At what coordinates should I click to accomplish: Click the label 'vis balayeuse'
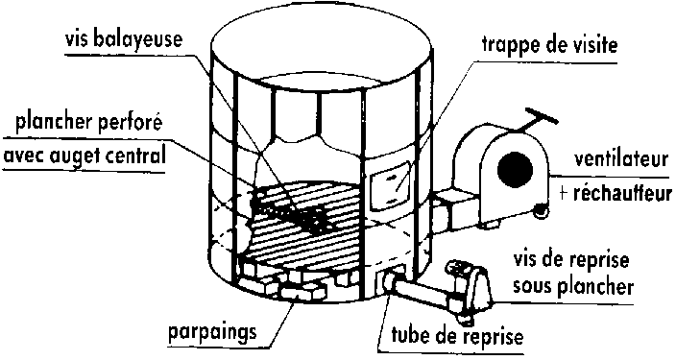point(124,39)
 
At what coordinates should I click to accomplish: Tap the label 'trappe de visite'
point(549,44)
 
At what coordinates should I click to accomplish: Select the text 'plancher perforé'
point(89,123)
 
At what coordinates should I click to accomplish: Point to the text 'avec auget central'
point(84,156)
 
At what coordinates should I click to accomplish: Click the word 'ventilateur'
point(621,159)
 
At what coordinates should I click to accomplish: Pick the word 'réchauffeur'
point(622,193)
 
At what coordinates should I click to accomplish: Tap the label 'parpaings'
point(212,332)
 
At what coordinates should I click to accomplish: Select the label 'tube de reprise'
point(457,335)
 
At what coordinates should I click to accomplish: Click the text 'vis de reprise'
point(571,261)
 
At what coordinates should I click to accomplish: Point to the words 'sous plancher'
point(573,285)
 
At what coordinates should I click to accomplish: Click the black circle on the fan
point(515,169)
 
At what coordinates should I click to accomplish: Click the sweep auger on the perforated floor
point(290,210)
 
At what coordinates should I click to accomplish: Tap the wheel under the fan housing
point(541,211)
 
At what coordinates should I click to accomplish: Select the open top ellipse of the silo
point(321,49)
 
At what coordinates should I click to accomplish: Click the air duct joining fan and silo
point(455,209)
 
